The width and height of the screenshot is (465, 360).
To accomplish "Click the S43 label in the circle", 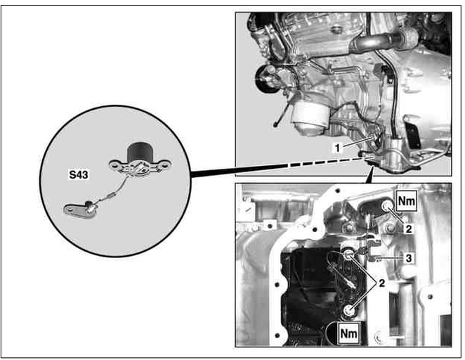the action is (x=79, y=174).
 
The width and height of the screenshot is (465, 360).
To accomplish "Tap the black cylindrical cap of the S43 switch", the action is (x=139, y=152).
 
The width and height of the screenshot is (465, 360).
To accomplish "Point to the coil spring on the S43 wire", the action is (x=110, y=195).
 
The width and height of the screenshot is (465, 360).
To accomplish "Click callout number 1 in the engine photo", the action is (x=337, y=148).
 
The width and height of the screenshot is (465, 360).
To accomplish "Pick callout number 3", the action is (x=409, y=258).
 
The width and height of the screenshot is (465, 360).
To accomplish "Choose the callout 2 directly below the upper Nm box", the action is (x=409, y=229).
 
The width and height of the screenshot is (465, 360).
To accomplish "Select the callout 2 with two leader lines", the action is (x=382, y=283).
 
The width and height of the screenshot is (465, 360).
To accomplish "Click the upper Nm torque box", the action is (x=407, y=201).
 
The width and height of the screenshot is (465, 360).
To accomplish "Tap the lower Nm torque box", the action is (x=349, y=333).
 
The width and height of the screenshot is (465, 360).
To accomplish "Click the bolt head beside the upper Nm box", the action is (x=386, y=206).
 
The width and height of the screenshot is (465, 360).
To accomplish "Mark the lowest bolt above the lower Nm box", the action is (x=348, y=310).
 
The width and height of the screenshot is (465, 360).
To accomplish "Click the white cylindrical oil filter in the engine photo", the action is (x=310, y=117).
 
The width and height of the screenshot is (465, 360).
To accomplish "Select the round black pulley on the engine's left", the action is (x=265, y=79).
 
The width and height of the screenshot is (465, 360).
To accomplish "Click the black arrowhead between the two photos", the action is (x=369, y=176).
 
